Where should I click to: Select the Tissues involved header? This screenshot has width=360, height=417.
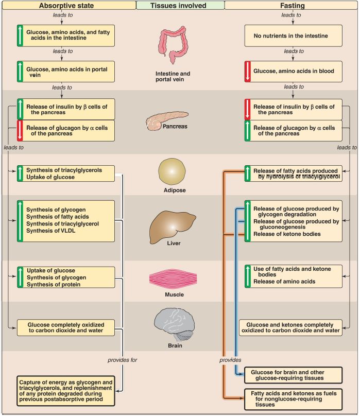click(180, 5)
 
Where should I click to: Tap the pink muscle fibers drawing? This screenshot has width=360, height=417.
click(173, 278)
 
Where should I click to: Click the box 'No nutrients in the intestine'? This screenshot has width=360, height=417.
click(293, 36)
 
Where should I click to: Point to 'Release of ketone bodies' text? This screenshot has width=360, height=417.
click(286, 234)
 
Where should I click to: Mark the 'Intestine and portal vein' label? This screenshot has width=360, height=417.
click(173, 77)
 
